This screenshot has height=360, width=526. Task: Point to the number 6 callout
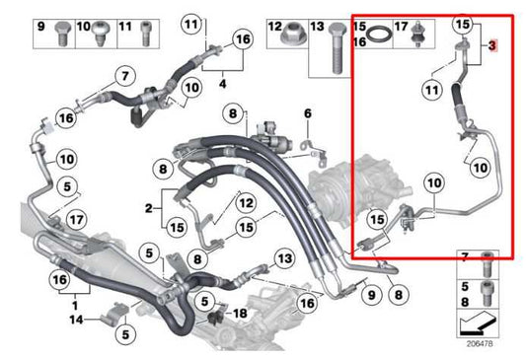point(307,115)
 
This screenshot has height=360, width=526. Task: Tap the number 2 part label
point(149,208)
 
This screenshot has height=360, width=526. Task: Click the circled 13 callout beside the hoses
point(283,257)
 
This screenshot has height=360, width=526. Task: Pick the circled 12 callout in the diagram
point(246,203)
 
